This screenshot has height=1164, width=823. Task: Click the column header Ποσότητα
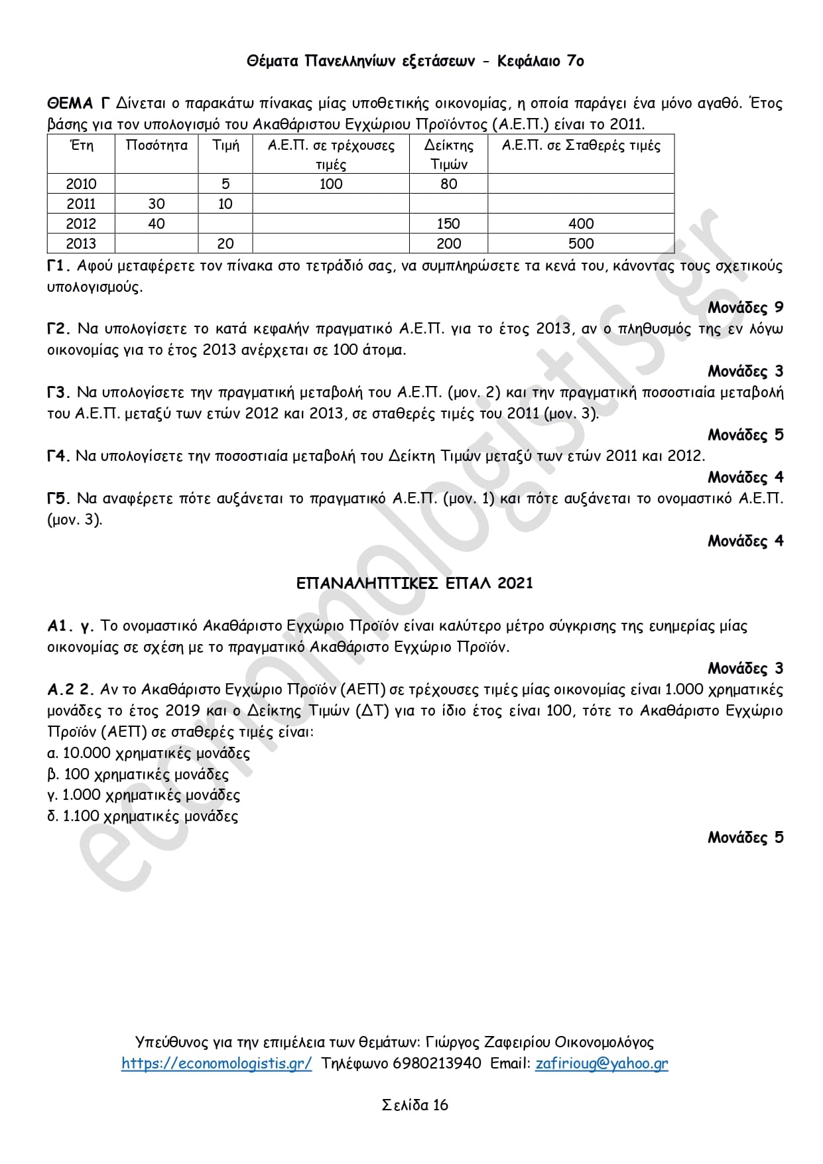[157, 145]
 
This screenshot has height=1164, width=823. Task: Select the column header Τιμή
[225, 145]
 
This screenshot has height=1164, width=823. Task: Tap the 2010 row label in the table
[81, 184]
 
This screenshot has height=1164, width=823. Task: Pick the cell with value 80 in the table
[449, 184]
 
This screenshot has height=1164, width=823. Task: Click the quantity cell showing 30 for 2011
[157, 204]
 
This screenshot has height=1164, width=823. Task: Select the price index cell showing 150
[449, 224]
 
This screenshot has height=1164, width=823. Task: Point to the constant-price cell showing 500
[581, 243]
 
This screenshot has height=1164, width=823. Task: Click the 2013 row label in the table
[81, 243]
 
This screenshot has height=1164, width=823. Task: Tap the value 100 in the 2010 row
[331, 184]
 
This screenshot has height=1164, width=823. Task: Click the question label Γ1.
[58, 266]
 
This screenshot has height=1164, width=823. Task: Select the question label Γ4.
[58, 456]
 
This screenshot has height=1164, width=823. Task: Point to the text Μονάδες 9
[745, 308]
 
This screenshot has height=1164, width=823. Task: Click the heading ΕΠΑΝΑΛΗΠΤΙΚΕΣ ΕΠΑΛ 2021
[414, 583]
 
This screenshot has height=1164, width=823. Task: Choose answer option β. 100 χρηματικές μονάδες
[138, 774]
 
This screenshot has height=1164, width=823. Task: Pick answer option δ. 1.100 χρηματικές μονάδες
[143, 816]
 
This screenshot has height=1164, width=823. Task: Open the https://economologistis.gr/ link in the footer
[216, 1063]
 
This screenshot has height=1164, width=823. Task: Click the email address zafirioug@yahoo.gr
[601, 1063]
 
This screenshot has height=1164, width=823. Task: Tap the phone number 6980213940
[437, 1063]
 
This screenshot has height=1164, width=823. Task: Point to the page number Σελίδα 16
[415, 1104]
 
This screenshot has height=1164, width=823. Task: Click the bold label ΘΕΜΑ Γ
[78, 103]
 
